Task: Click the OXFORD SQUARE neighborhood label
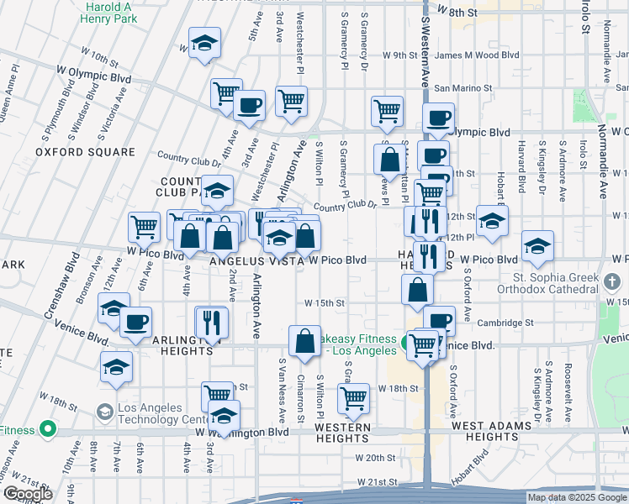click(x=85, y=152)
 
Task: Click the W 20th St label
click(x=375, y=458)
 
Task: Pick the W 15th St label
click(x=325, y=302)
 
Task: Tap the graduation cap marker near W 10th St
click(x=204, y=45)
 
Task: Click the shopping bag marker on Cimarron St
click(x=304, y=340)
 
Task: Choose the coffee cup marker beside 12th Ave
click(x=136, y=322)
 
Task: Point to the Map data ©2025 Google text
click(x=576, y=497)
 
